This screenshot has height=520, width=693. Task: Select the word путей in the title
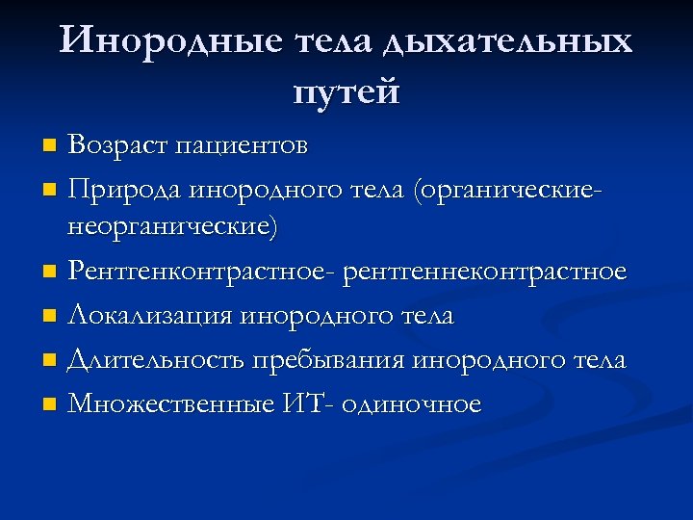(346, 93)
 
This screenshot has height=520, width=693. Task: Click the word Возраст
(121, 146)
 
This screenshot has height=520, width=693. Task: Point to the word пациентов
(244, 147)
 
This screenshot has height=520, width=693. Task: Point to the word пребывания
(331, 360)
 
